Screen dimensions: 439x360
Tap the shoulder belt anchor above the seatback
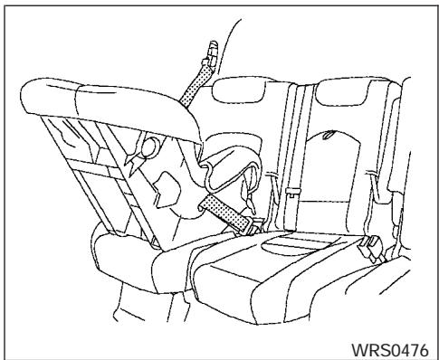[x=211, y=49]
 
